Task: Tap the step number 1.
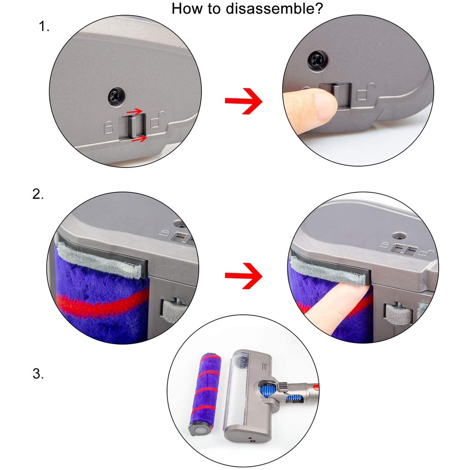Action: point(44,27)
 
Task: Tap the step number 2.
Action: point(38,195)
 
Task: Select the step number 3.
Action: point(38,374)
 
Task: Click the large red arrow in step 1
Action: point(243,101)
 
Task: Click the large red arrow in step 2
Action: point(243,276)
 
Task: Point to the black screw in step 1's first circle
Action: point(116,96)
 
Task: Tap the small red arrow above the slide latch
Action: point(134,112)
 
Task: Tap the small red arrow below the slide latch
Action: point(139,139)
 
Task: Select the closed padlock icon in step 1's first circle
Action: point(108,127)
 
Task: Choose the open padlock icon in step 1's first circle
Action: point(158,120)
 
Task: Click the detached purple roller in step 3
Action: point(205,393)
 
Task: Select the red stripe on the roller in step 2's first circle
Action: point(102,301)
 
